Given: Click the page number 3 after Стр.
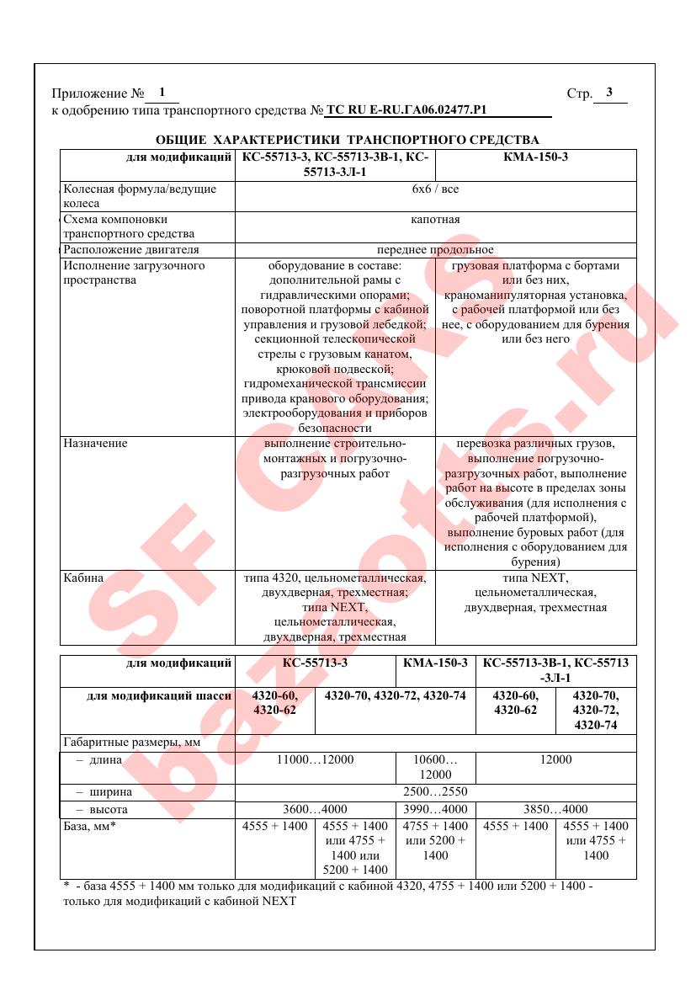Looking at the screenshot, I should click(x=609, y=93).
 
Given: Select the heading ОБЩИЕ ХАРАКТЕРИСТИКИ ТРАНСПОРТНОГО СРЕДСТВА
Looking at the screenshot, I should click(x=348, y=139).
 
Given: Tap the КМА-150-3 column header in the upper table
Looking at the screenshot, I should click(x=535, y=157).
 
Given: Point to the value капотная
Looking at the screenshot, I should click(x=435, y=220).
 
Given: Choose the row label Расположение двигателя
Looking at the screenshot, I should click(x=131, y=250).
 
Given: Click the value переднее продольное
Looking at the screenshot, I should click(x=435, y=250).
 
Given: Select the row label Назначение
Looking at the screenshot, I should click(x=96, y=443).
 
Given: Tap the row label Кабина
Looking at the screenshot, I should click(x=83, y=578).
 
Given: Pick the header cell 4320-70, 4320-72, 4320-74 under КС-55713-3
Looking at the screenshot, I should click(x=395, y=695).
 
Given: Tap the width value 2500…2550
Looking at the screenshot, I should click(x=435, y=792).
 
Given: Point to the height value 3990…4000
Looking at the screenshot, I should click(x=435, y=809).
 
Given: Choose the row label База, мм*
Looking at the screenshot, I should click(x=89, y=826).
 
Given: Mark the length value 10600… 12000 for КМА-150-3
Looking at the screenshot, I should click(x=435, y=767).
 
